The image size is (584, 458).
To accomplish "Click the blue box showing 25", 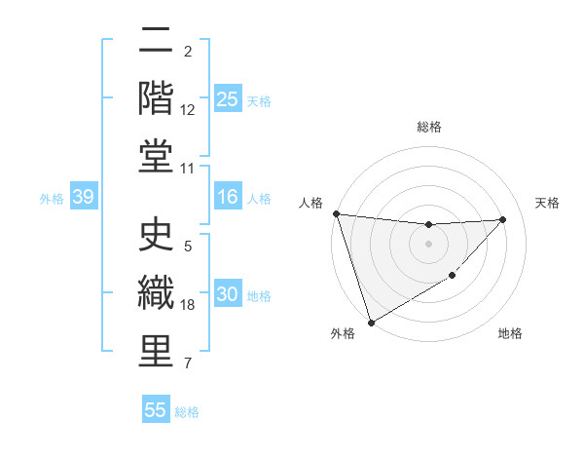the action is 228,99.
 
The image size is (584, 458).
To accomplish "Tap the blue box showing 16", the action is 228,198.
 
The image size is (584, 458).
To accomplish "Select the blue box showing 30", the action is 228,295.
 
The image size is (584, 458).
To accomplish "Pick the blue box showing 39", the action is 83,198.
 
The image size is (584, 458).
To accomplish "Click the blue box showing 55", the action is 156,410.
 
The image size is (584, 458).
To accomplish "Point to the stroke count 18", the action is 189,305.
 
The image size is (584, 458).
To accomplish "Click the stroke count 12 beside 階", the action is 189,110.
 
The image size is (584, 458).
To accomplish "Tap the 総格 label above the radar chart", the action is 428,127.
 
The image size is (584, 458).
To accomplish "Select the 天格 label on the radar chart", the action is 547,203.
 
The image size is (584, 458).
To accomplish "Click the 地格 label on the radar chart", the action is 510,333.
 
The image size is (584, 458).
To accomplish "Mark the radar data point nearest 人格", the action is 336,213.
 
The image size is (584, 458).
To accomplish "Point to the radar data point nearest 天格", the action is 502,219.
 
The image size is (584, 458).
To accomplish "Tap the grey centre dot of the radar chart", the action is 428,244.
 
